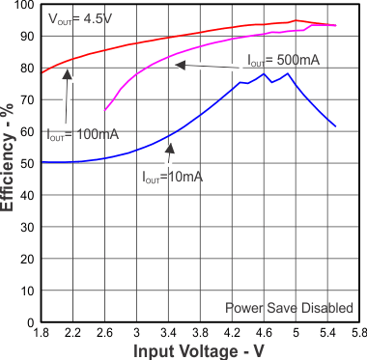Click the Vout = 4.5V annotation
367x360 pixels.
pos(80,17)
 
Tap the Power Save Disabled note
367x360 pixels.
pos(289,307)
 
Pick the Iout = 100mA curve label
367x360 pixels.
pos(82,134)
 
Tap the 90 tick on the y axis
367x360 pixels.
pos(26,37)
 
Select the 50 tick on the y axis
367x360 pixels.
pos(26,163)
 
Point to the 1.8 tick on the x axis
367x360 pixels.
pos(40,333)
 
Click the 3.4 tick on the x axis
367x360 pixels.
pos(168,333)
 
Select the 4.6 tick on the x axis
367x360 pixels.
pos(264,333)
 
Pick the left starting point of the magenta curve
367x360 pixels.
pos(104,110)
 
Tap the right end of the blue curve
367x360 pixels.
pos(335,125)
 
